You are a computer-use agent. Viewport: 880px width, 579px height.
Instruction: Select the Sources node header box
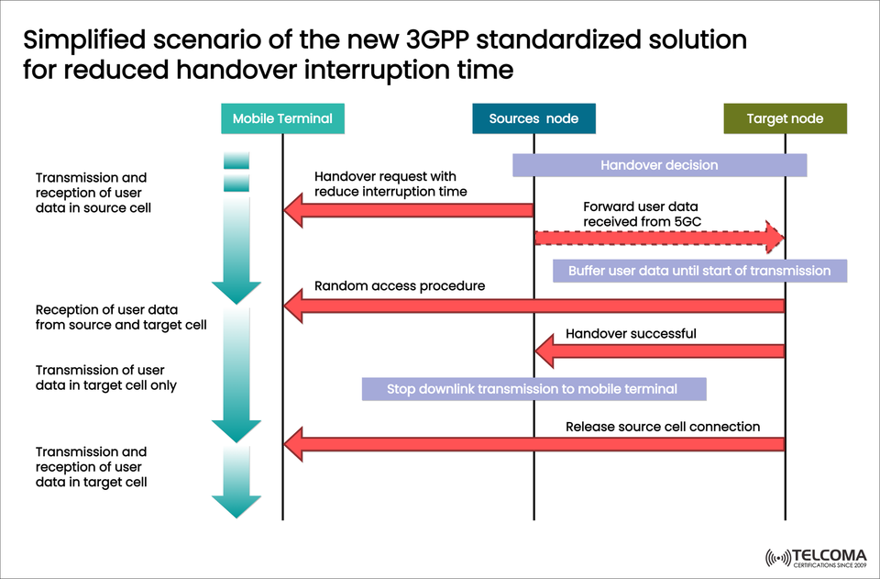pyautogui.click(x=533, y=118)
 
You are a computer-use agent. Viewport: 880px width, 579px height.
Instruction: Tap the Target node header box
pyautogui.click(x=785, y=118)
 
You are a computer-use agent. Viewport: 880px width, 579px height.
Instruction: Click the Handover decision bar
pyautogui.click(x=659, y=165)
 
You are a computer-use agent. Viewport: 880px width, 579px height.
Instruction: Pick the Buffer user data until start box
pyautogui.click(x=699, y=271)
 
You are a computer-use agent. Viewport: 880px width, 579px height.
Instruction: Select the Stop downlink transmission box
pyautogui.click(x=533, y=389)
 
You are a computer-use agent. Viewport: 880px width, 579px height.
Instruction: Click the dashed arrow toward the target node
pyautogui.click(x=660, y=237)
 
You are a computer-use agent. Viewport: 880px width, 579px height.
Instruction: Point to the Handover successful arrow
pyautogui.click(x=660, y=351)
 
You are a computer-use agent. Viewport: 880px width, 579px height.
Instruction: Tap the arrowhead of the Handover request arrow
pyautogui.click(x=293, y=211)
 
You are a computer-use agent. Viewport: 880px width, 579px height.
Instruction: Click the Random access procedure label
pyautogui.click(x=400, y=286)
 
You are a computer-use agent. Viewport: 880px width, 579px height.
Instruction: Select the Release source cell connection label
pyautogui.click(x=663, y=427)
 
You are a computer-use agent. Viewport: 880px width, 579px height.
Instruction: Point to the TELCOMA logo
pyautogui.click(x=814, y=558)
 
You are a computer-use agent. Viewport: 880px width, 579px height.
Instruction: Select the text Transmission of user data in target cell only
pyautogui.click(x=105, y=377)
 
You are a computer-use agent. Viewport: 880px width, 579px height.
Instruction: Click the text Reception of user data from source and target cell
pyautogui.click(x=121, y=317)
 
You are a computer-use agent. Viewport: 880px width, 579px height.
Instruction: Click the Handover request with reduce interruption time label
pyautogui.click(x=390, y=184)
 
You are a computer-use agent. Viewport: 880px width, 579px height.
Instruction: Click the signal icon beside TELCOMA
pyautogui.click(x=777, y=558)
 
